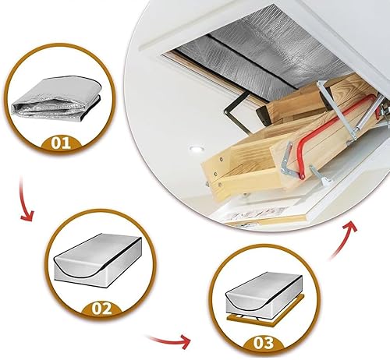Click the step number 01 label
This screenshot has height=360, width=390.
[x=61, y=143]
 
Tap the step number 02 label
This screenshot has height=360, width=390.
[x=101, y=309]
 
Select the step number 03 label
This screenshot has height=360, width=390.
[x=264, y=343]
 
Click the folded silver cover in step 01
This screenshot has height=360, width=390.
[x=56, y=98]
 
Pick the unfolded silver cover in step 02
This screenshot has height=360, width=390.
[x=98, y=260]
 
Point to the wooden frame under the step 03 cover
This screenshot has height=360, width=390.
[x=265, y=315]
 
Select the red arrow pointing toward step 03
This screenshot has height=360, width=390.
[x=170, y=339]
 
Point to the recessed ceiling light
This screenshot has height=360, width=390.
[x=197, y=149]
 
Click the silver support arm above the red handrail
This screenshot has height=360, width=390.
[x=335, y=109]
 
